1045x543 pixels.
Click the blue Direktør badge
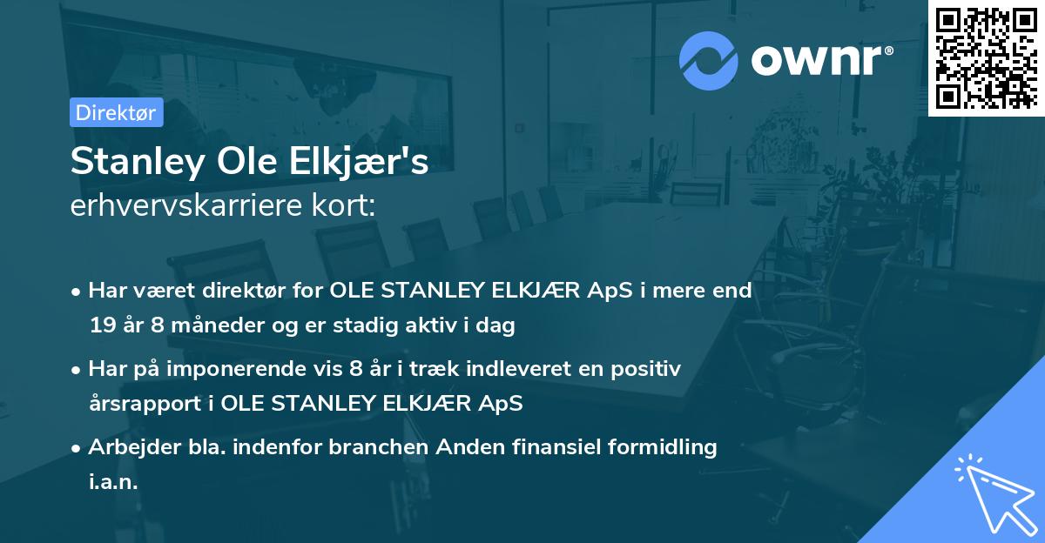[x=116, y=112]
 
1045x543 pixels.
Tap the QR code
[x=987, y=57]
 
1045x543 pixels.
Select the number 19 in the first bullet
[x=101, y=326]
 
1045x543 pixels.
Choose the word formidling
[x=661, y=447]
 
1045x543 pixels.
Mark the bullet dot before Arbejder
[x=77, y=448]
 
